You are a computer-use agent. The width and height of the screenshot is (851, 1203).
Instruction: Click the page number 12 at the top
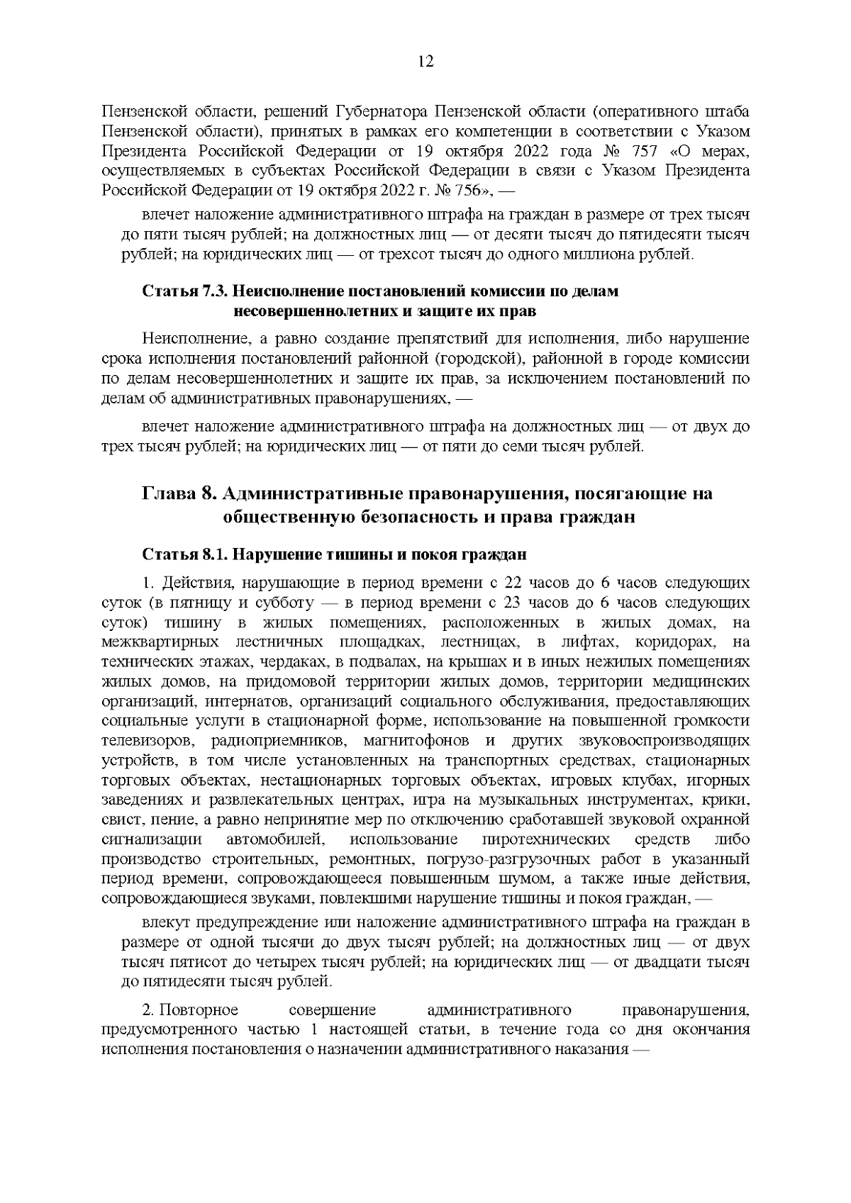425,61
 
